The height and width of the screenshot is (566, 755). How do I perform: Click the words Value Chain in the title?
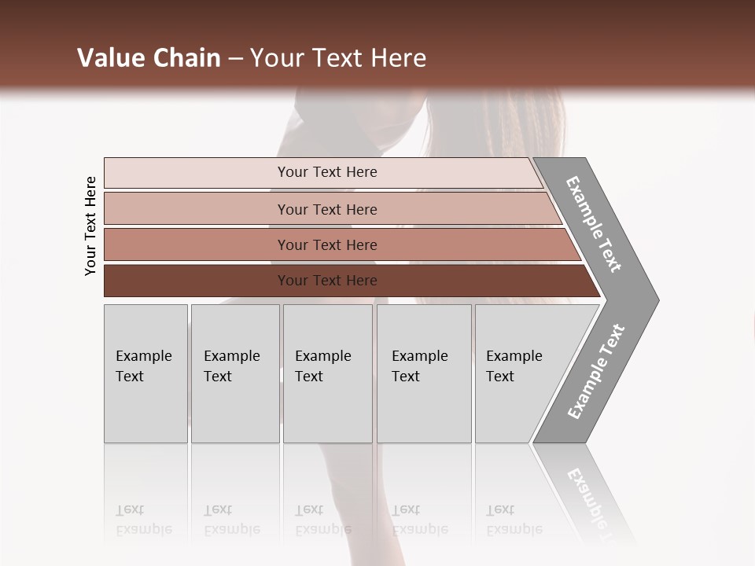(x=149, y=58)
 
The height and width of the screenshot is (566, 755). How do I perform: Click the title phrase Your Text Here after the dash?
(x=338, y=58)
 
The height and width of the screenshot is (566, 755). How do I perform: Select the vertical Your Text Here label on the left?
(x=90, y=226)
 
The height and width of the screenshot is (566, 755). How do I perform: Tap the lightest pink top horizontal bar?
(x=197, y=173)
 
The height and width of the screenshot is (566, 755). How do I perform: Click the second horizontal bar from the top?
(x=197, y=209)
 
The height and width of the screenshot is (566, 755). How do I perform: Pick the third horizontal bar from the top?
(x=197, y=244)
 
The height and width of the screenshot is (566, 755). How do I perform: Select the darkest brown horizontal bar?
(x=197, y=281)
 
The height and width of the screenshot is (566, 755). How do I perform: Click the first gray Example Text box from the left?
(x=145, y=373)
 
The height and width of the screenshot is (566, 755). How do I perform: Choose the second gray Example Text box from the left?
(x=234, y=373)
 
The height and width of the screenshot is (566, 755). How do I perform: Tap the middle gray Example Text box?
(x=327, y=373)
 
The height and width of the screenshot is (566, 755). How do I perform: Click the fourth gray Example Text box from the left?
(x=424, y=373)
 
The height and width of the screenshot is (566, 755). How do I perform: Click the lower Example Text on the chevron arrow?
(x=596, y=372)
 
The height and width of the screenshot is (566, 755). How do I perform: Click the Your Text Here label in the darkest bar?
(x=327, y=281)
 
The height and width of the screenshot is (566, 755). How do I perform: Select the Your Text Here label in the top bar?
(x=327, y=172)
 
